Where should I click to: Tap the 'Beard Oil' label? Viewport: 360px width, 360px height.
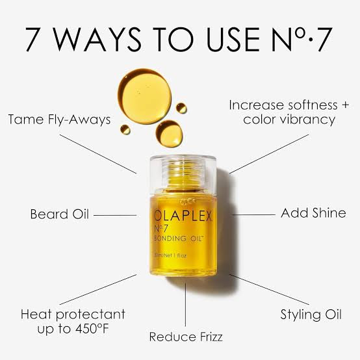(x=59, y=214)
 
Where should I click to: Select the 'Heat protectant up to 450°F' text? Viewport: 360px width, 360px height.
(x=72, y=322)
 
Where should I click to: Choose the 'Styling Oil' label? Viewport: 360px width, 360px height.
(x=311, y=315)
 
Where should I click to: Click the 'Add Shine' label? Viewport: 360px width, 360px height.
(x=313, y=213)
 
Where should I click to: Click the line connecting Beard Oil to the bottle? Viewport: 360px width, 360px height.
(x=115, y=214)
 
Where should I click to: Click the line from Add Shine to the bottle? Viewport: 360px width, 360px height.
(x=250, y=213)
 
